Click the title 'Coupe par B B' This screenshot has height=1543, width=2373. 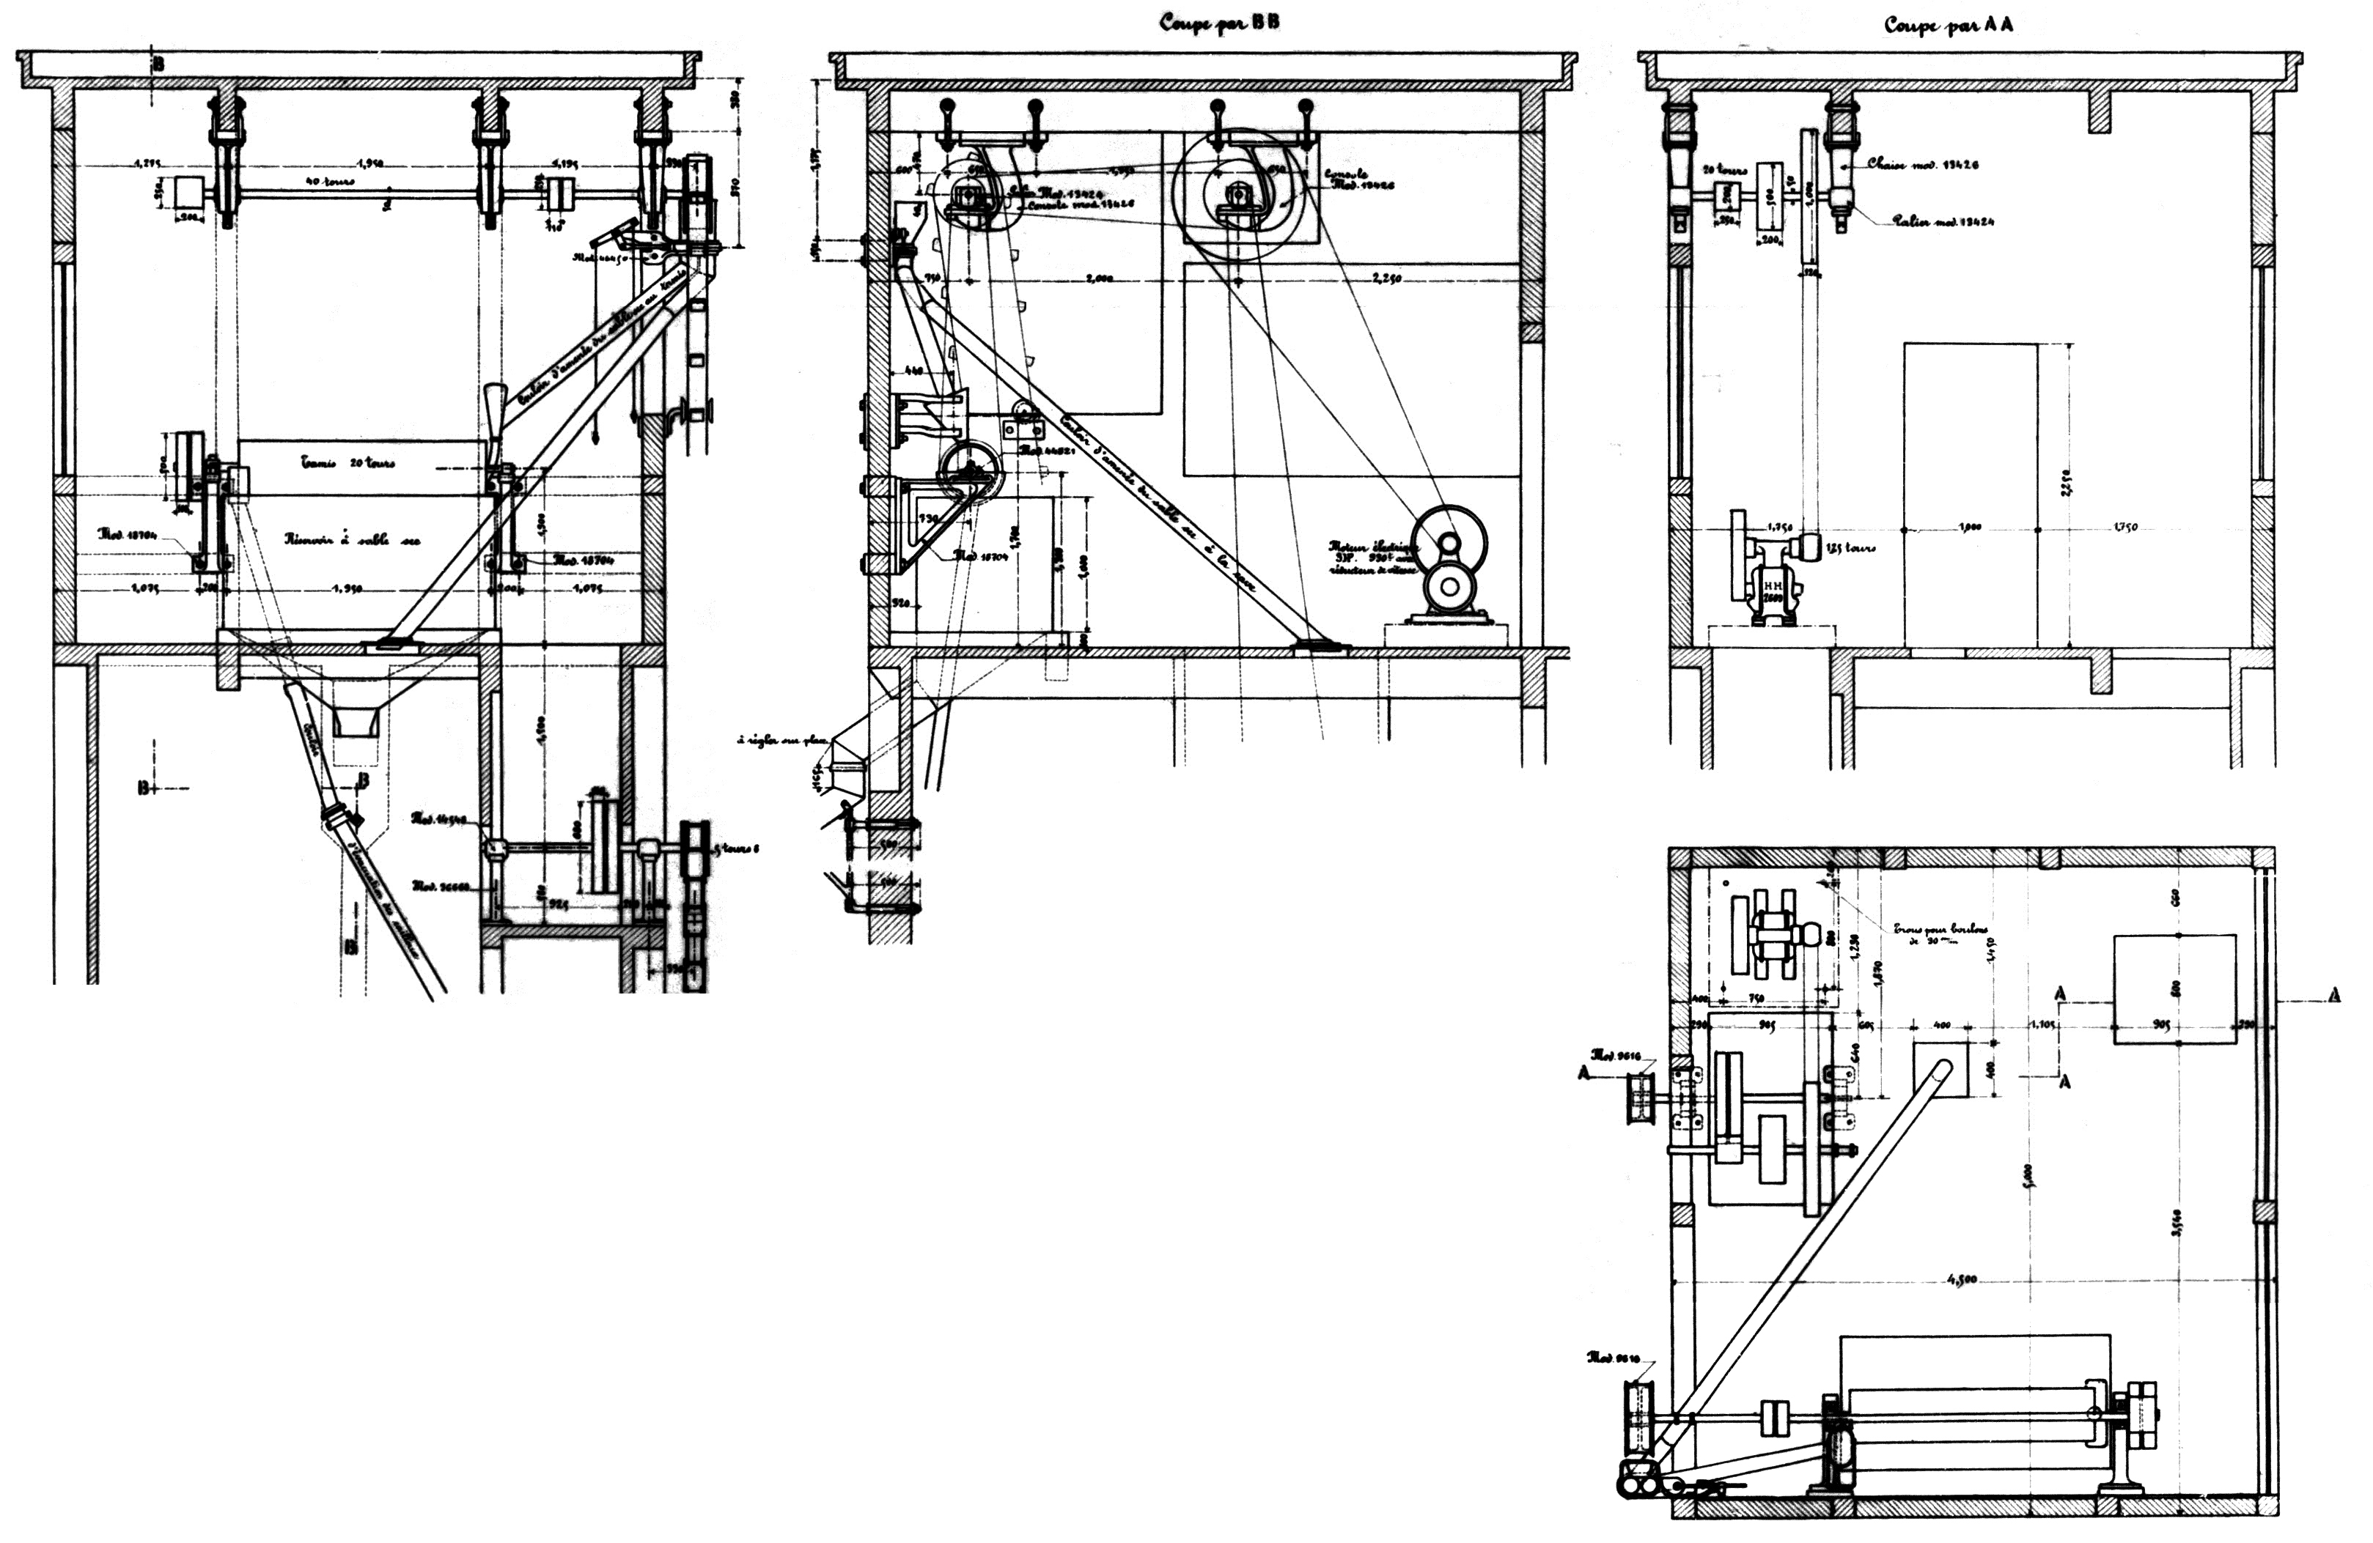point(1218,23)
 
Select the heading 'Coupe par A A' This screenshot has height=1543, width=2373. point(1947,26)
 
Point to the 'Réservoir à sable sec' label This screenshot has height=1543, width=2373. point(352,539)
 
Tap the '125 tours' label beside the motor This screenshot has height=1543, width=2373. point(1850,547)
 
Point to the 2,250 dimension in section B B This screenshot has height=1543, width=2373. point(1387,278)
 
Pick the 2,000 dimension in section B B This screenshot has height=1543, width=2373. point(1097,279)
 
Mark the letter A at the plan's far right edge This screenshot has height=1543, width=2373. point(2334,995)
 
